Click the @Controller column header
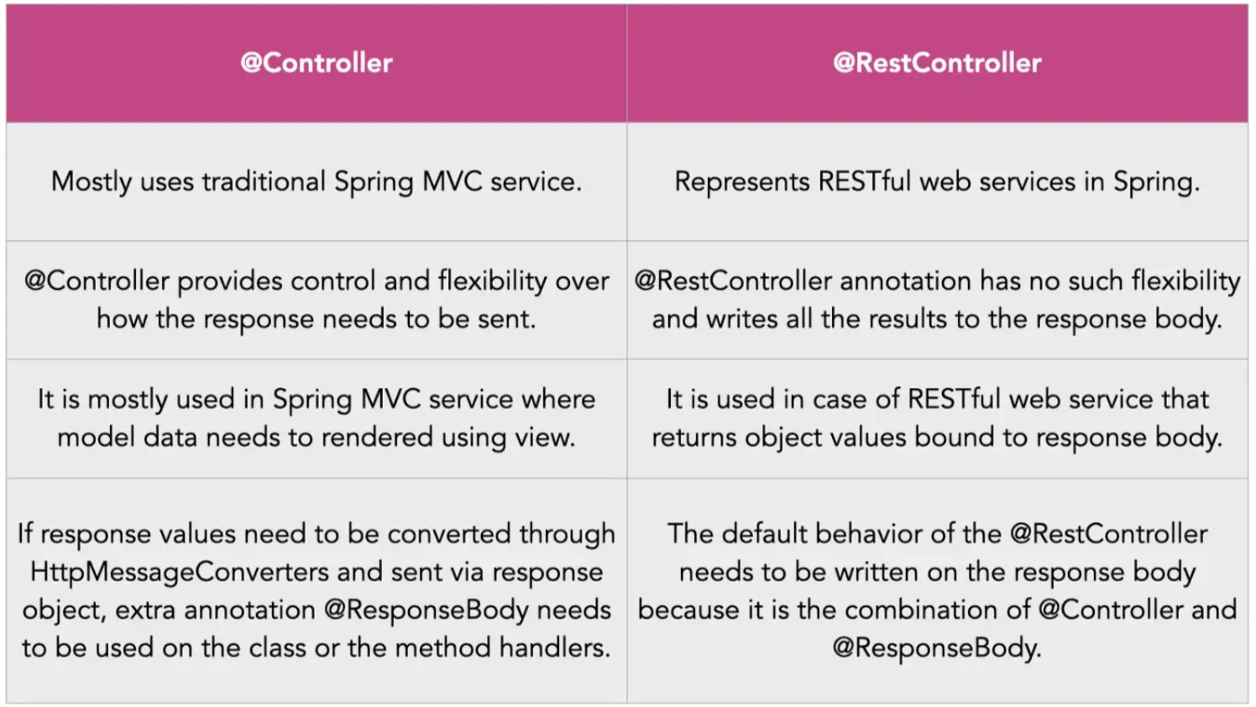tap(317, 63)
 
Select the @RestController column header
tap(937, 63)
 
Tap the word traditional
tap(264, 181)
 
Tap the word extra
tap(146, 610)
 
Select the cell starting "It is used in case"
tap(937, 418)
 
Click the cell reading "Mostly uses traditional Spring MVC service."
tap(317, 181)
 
